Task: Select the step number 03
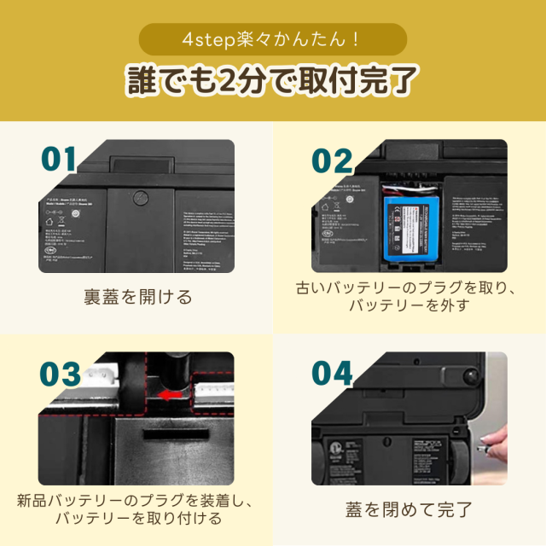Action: click(60, 373)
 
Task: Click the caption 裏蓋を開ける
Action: click(137, 298)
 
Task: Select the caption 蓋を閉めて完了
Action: click(409, 510)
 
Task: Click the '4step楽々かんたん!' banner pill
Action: click(272, 40)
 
